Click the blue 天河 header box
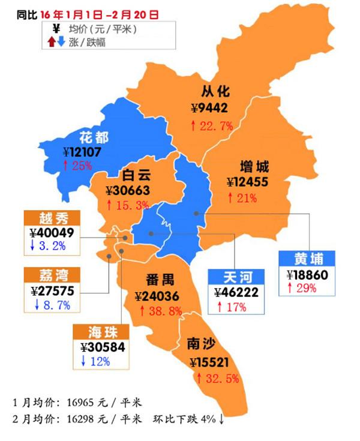point(235,277)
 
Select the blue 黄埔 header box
point(308,259)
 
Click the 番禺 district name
point(160,280)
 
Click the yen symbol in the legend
point(56,29)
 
